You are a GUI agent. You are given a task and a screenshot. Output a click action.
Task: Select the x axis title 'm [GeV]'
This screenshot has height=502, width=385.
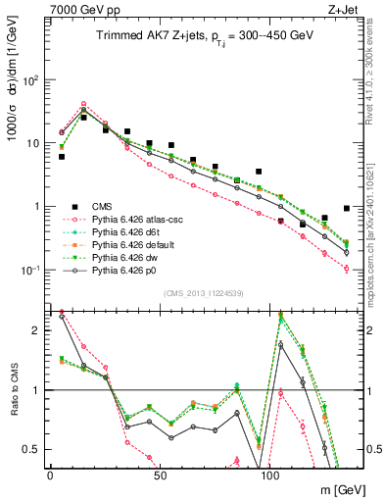[330, 489]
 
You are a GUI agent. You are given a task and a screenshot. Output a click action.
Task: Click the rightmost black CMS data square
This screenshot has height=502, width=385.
[347, 208]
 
